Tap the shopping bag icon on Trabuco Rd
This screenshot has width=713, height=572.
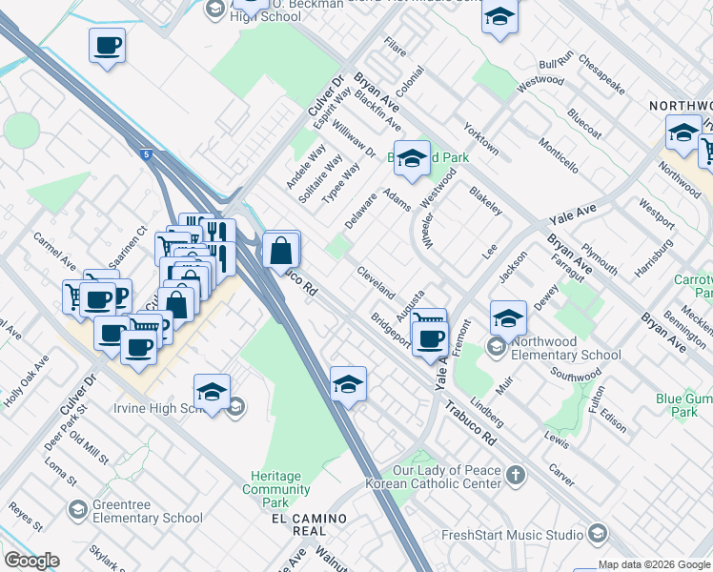pos(281,252)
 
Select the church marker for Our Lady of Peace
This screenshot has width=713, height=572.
pos(516,475)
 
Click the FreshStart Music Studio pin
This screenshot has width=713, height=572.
pos(598,533)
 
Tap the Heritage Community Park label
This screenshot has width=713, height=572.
pos(276,489)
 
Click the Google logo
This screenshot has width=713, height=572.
pos(31,561)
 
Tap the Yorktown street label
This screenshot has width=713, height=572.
pos(480,138)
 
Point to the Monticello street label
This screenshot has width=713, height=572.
pos(558,154)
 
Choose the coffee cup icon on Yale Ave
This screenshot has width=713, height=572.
pos(432,337)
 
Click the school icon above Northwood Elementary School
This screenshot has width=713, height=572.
pos(509,317)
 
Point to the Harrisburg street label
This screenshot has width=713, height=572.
pos(653,256)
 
